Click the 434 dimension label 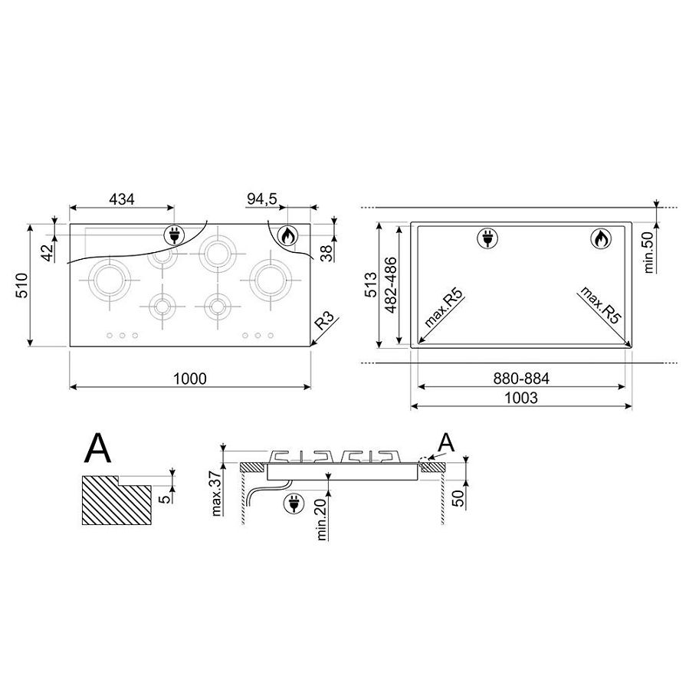click(121, 199)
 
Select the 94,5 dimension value click(262, 198)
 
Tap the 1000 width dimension click(190, 379)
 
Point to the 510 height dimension click(22, 285)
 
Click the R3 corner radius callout click(325, 320)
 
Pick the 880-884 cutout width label click(521, 379)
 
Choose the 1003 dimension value click(520, 398)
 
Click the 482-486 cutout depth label click(390, 285)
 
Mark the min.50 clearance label click(648, 252)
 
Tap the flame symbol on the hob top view click(287, 236)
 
